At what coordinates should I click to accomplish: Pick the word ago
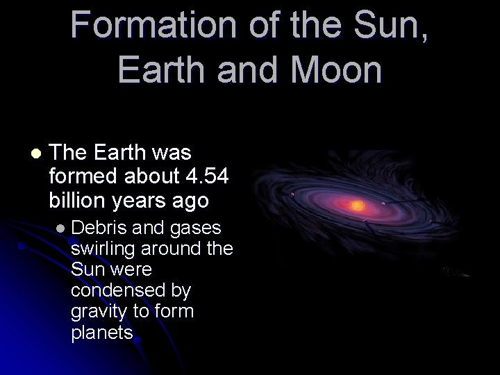point(192,200)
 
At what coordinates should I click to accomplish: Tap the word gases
point(197,227)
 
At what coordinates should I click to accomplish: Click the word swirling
point(103,248)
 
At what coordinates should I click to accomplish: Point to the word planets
point(101,332)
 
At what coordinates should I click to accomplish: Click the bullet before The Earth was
point(35,152)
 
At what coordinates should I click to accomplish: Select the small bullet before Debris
point(61,228)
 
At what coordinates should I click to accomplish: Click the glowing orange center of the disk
point(358,206)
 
